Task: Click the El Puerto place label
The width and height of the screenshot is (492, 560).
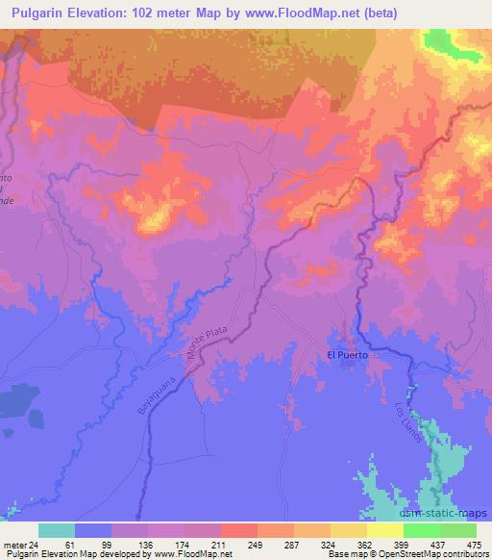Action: coord(348,355)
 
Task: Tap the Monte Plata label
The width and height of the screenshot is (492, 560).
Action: coord(205,343)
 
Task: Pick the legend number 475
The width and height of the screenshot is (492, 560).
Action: coord(474,545)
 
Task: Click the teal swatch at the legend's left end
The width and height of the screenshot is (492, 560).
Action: coord(57,530)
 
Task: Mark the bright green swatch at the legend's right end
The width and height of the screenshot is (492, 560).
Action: coord(458,530)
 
